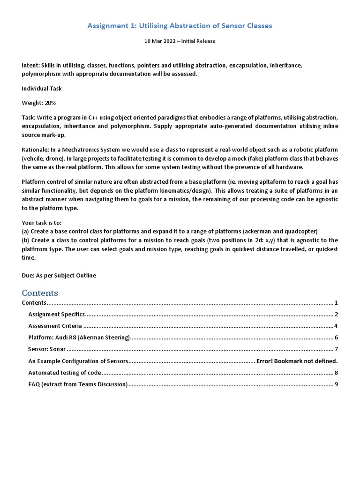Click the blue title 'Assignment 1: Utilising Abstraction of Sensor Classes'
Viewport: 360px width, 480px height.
click(x=180, y=26)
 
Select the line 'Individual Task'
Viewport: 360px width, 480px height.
click(x=42, y=89)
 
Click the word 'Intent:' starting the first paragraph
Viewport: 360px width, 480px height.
click(x=30, y=66)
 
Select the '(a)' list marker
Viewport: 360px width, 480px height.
click(x=26, y=231)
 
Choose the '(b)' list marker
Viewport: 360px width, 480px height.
click(x=26, y=240)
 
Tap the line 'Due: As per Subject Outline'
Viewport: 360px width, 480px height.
click(x=59, y=275)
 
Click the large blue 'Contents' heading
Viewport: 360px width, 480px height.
click(x=40, y=293)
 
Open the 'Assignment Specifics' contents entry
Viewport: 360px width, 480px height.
click(x=56, y=314)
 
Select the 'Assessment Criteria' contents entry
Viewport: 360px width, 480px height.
click(x=55, y=326)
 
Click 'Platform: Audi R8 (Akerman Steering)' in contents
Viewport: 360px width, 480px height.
click(x=79, y=337)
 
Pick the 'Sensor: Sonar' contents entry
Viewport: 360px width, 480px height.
click(x=47, y=349)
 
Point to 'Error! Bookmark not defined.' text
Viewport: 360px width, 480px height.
click(x=297, y=361)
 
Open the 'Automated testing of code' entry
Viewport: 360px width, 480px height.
click(x=64, y=373)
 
